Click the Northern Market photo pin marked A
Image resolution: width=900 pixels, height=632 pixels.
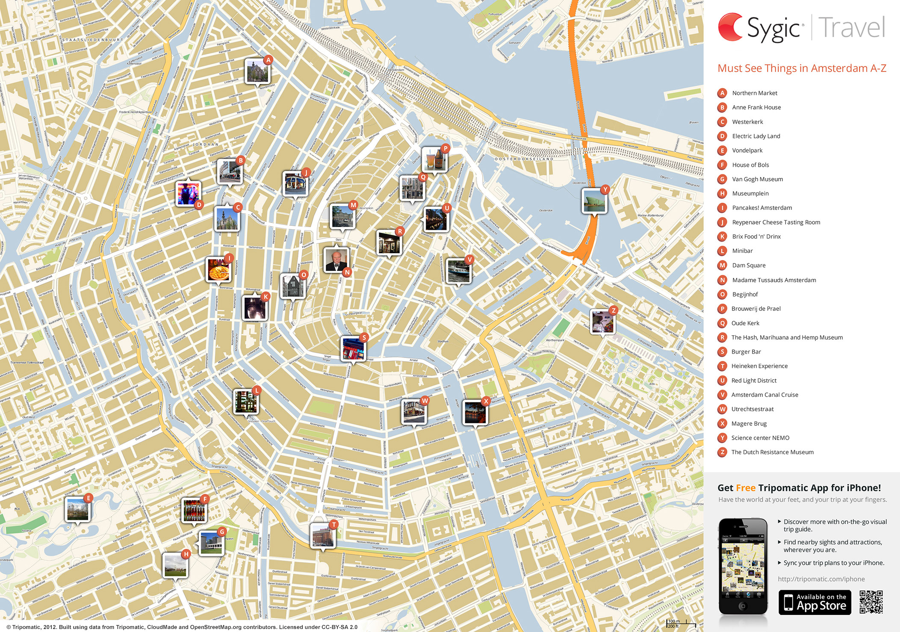(x=257, y=71)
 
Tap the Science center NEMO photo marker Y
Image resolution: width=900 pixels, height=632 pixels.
(x=594, y=201)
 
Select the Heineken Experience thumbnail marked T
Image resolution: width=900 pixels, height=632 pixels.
(x=323, y=535)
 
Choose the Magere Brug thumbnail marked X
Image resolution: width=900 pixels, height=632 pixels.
(x=475, y=412)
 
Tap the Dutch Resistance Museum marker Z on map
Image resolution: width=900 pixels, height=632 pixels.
(x=602, y=322)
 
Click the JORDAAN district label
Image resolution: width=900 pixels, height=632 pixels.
(x=206, y=145)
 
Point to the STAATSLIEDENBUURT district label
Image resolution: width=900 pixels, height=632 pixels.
(x=93, y=40)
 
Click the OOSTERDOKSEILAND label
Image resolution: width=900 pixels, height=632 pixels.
(x=524, y=159)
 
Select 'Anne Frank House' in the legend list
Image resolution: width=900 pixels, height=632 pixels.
(x=756, y=107)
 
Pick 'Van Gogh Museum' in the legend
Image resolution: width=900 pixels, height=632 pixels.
(x=757, y=179)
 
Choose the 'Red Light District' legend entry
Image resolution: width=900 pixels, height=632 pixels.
(x=754, y=381)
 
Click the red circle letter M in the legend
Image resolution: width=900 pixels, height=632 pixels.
(x=723, y=266)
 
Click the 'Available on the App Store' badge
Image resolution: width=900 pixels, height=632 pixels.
(x=814, y=602)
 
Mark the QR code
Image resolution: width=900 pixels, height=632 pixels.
(x=871, y=602)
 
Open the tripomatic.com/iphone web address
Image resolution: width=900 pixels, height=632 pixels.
(x=821, y=579)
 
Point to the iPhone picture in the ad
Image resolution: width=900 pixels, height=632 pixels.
(x=743, y=567)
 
